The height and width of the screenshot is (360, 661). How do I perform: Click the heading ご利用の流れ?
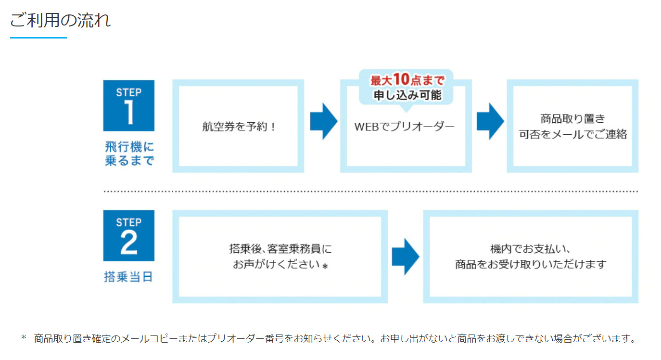click(x=61, y=20)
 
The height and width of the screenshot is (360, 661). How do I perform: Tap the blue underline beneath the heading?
click(x=38, y=38)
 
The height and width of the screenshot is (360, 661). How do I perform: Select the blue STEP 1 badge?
click(x=128, y=105)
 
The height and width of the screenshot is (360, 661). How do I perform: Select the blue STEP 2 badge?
click(x=128, y=235)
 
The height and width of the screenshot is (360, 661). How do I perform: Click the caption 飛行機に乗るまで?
click(x=129, y=154)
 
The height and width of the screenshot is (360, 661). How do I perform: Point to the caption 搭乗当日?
click(x=128, y=277)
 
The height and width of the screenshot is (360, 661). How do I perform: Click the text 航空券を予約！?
click(x=239, y=127)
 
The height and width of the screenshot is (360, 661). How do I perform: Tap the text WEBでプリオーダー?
click(x=404, y=127)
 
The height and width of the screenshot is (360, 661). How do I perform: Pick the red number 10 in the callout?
click(x=401, y=79)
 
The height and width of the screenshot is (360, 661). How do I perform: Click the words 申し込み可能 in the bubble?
click(x=407, y=95)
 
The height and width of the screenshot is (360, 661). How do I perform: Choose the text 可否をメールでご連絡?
click(x=573, y=134)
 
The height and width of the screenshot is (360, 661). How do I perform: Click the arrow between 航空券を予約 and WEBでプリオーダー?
click(x=324, y=121)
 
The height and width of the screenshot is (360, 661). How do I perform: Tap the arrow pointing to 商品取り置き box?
click(x=490, y=121)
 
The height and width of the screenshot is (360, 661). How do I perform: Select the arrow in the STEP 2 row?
click(x=406, y=257)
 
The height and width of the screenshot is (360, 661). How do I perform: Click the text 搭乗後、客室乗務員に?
click(x=280, y=249)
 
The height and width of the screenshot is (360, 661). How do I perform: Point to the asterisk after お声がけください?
click(x=325, y=266)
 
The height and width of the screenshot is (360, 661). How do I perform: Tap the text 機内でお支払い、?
click(x=530, y=249)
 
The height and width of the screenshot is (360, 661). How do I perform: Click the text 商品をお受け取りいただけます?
click(x=531, y=264)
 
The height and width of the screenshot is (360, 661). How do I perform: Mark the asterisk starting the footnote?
click(x=24, y=337)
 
